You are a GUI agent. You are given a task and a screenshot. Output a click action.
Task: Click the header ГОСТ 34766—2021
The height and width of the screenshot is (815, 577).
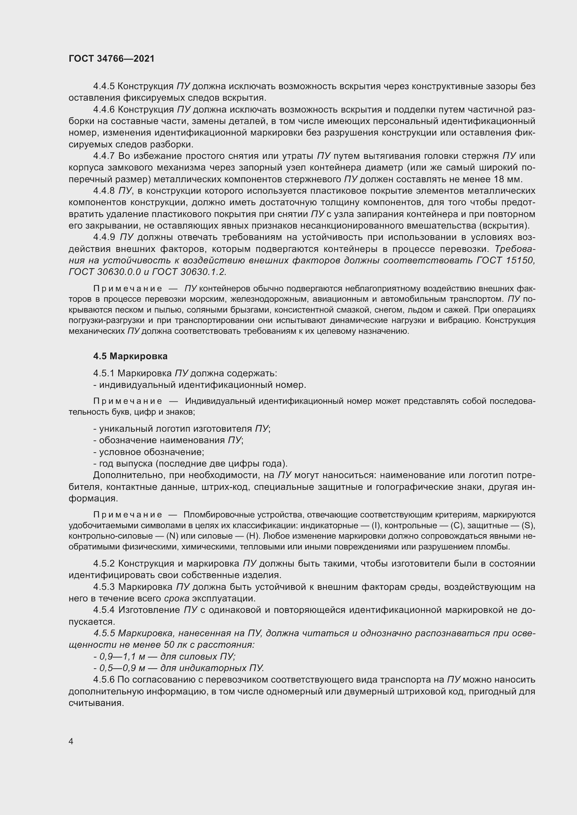click(112, 59)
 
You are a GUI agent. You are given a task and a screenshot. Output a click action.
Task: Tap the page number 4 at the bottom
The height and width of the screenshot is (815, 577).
click(71, 741)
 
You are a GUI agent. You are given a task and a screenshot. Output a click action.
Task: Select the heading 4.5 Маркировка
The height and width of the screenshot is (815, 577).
click(130, 356)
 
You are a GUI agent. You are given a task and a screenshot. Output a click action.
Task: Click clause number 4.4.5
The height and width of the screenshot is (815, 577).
click(104, 86)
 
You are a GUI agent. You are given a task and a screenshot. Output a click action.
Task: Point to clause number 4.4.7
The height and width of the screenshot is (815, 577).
click(104, 156)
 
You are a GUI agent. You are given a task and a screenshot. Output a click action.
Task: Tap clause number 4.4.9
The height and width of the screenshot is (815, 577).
click(104, 237)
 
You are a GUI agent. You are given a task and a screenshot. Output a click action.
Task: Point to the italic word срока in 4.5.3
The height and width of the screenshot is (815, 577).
click(177, 598)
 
